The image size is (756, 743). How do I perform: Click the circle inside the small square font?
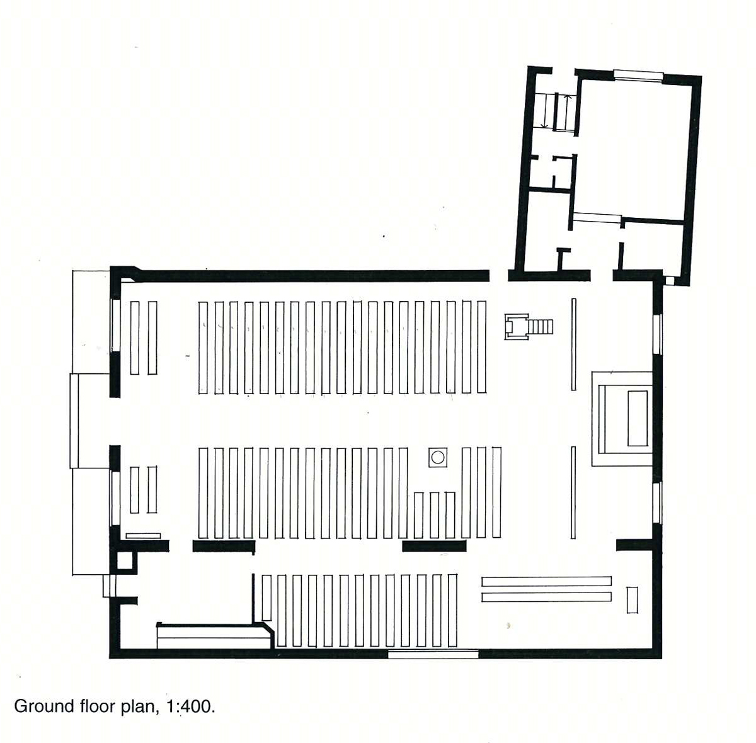coord(437,457)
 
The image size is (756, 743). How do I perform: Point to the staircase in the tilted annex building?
coord(555,112)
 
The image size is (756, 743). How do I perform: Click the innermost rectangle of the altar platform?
coord(638,418)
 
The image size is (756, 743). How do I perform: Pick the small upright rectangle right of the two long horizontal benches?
coord(632,600)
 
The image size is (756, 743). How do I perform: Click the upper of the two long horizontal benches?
coord(546,581)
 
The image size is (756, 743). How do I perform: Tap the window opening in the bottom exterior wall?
coord(433,654)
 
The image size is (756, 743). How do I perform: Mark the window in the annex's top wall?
coord(638,74)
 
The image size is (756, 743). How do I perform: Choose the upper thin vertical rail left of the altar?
coord(573,344)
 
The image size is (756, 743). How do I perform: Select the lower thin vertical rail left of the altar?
coord(573,492)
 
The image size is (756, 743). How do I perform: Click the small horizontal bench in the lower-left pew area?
coord(143,536)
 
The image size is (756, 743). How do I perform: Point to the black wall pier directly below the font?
coord(434,546)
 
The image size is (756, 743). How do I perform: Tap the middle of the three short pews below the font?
coord(434,515)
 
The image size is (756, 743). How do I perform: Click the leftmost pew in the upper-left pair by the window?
coord(135,337)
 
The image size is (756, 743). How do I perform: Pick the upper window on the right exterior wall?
coord(658,334)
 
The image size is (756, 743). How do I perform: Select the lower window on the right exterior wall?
coord(658,502)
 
